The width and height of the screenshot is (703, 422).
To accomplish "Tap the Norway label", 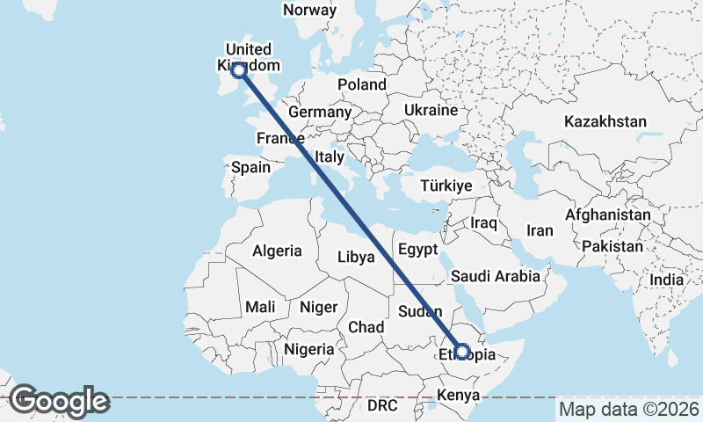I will tap(310, 11).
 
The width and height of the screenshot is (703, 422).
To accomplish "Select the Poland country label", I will tap(362, 84).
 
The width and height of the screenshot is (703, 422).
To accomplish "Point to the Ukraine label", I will tap(431, 110).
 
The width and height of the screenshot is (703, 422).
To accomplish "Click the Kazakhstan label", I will tap(605, 121).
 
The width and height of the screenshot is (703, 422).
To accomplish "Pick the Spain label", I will tap(250, 167).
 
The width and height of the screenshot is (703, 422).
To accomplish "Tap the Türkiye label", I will tap(446, 186).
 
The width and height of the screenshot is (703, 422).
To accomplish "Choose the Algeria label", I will tap(277, 251).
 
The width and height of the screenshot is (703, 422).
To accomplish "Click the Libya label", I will tap(357, 258).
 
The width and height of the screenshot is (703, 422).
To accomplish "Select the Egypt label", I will tap(417, 249).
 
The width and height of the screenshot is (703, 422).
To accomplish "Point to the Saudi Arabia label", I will tap(496, 276).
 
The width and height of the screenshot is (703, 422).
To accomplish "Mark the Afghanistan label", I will tap(608, 215).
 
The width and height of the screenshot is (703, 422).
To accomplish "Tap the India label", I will tap(666, 280).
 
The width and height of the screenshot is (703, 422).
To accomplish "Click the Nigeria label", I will tap(308, 349).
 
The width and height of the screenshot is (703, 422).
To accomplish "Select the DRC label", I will tap(382, 405).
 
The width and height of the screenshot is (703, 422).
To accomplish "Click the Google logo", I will tap(59, 401).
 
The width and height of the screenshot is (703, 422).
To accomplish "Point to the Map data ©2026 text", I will tap(628, 409).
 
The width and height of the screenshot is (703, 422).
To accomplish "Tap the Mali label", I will tap(260, 307).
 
